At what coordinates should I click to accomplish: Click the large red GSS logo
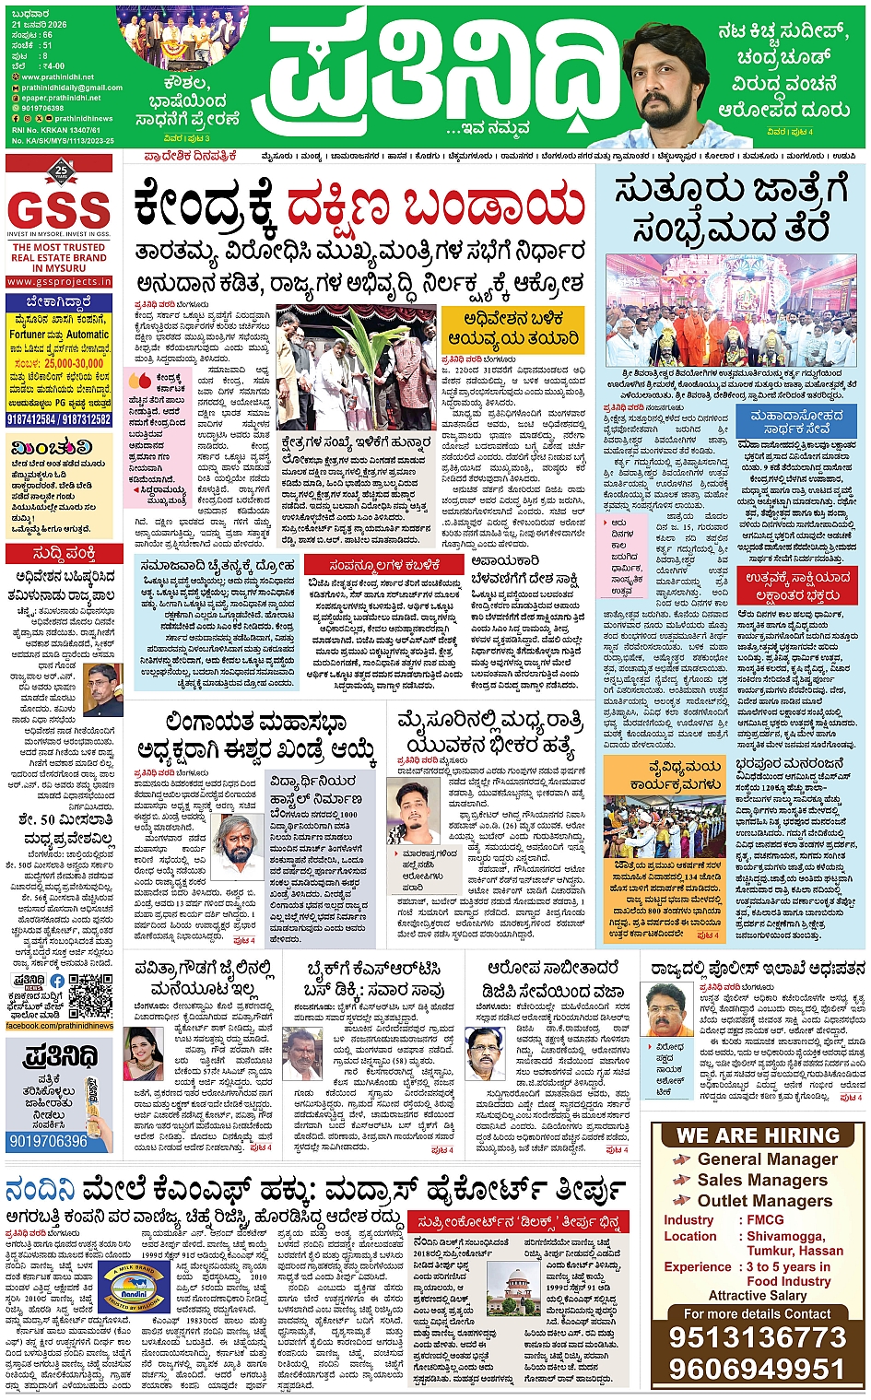pyautogui.click(x=60, y=210)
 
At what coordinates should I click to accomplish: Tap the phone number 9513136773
pyautogui.click(x=757, y=1338)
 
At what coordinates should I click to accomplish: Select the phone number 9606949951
pyautogui.click(x=757, y=1369)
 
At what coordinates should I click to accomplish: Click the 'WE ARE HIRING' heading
pyautogui.click(x=758, y=1135)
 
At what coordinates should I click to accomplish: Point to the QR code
pyautogui.click(x=91, y=995)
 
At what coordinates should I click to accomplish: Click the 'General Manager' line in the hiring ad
pyautogui.click(x=767, y=1159)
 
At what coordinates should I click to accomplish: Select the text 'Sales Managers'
pyautogui.click(x=761, y=1180)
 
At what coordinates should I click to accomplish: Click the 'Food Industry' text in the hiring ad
pyautogui.click(x=788, y=1281)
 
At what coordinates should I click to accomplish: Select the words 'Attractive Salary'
pyautogui.click(x=757, y=1295)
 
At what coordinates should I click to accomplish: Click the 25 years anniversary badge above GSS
pyautogui.click(x=61, y=171)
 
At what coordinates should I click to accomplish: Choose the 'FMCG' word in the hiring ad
pyautogui.click(x=765, y=1219)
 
